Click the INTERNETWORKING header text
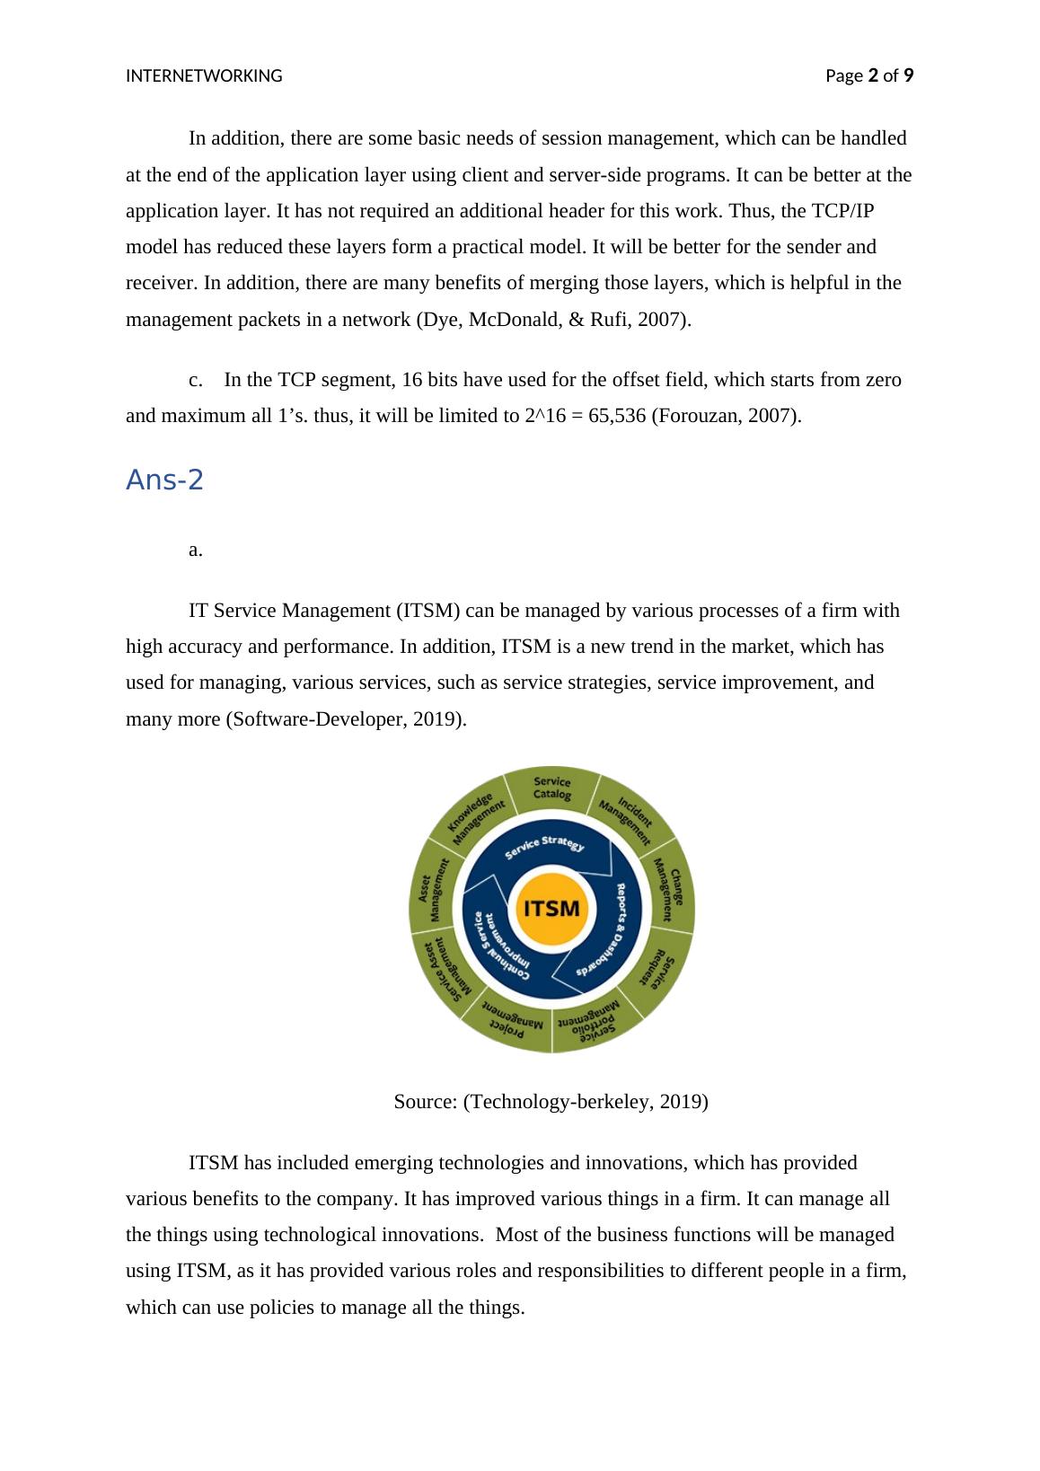pyautogui.click(x=204, y=76)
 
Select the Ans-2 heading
pyautogui.click(x=165, y=480)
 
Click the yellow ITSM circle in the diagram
pyautogui.click(x=551, y=908)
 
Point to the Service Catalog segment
pyautogui.click(x=551, y=788)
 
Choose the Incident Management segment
pyautogui.click(x=626, y=814)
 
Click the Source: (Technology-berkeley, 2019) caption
pyautogui.click(x=551, y=1101)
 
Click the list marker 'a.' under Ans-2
pyautogui.click(x=195, y=550)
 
